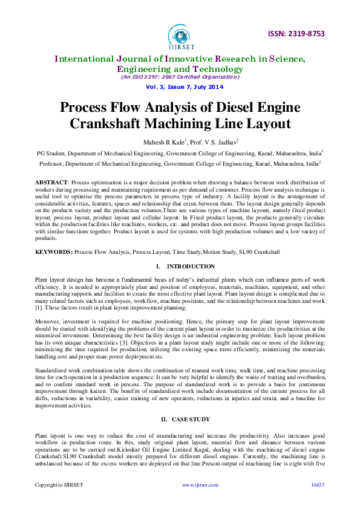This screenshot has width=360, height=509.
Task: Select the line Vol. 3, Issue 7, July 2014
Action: (x=180, y=86)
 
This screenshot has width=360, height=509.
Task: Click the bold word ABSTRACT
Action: (x=51, y=182)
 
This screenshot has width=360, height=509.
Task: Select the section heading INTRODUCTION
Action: (x=191, y=266)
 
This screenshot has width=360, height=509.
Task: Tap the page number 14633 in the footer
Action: (x=317, y=485)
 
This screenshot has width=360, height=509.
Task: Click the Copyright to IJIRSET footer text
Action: (x=59, y=485)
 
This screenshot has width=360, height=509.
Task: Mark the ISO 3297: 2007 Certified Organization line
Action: (x=180, y=77)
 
